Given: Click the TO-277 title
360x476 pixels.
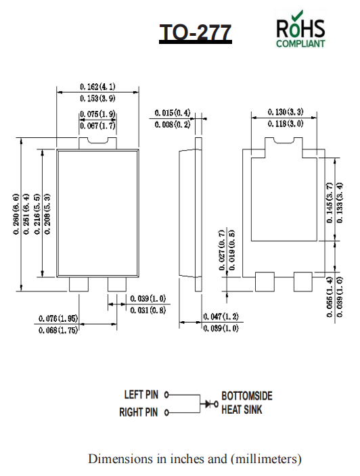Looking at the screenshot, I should pos(196,32).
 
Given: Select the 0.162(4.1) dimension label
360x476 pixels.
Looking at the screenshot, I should pos(97,87).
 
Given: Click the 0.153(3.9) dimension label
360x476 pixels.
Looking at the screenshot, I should pos(97,99).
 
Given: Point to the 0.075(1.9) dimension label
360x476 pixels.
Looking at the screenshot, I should pos(97,114).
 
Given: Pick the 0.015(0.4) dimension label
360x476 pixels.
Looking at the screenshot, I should pos(172,113).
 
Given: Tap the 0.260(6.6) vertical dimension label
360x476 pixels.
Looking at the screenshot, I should pos(16,214).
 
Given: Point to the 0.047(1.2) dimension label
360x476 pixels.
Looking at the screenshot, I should pos(221,316).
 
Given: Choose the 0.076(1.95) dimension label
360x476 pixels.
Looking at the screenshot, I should pos(58,318).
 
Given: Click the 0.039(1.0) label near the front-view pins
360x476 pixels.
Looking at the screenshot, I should pos(148,298).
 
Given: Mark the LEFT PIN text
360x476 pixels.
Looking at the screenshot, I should pos(141,394).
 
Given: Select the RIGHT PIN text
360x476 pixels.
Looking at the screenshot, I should pos(139,412).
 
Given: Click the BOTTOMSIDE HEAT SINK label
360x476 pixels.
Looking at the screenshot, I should pos(247,402).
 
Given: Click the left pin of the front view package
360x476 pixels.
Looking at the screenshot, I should pos(79,285).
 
